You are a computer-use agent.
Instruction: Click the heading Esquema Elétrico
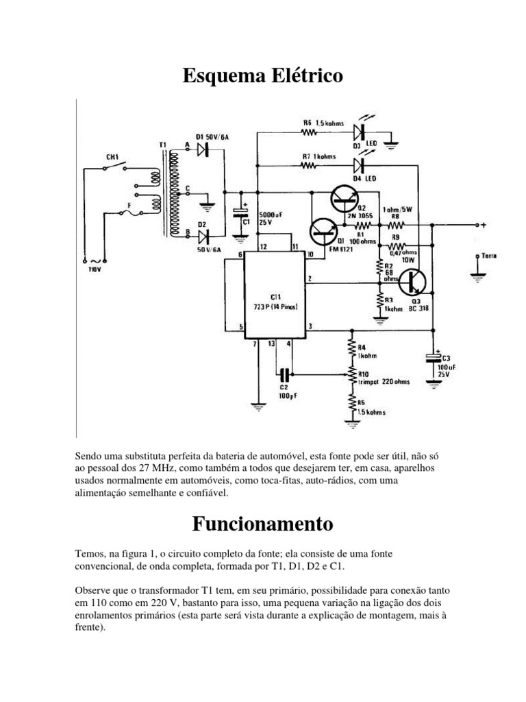click(x=262, y=77)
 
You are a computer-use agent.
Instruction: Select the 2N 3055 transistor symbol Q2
click(x=343, y=198)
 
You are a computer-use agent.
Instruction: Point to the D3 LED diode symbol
click(x=358, y=131)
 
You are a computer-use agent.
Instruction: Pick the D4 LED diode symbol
click(x=358, y=165)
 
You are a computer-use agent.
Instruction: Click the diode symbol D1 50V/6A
click(x=203, y=152)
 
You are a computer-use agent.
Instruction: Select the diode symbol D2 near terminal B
click(x=203, y=237)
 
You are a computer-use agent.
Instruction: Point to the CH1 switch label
click(x=112, y=156)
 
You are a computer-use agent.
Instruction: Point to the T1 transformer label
click(x=162, y=145)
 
